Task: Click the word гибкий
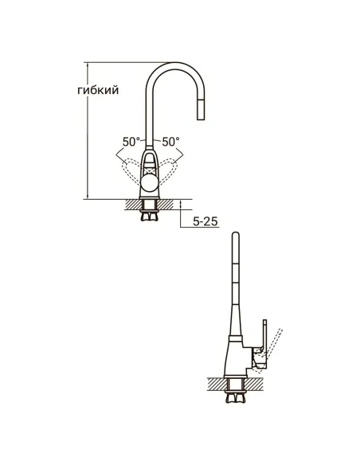click(x=99, y=91)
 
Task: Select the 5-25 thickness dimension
click(x=205, y=222)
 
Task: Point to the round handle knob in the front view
click(x=151, y=184)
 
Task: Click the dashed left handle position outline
click(x=129, y=166)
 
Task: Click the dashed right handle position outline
click(x=173, y=166)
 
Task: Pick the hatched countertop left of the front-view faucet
click(x=132, y=204)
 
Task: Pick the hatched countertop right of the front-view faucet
click(x=170, y=204)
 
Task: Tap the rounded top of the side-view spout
click(x=234, y=235)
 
